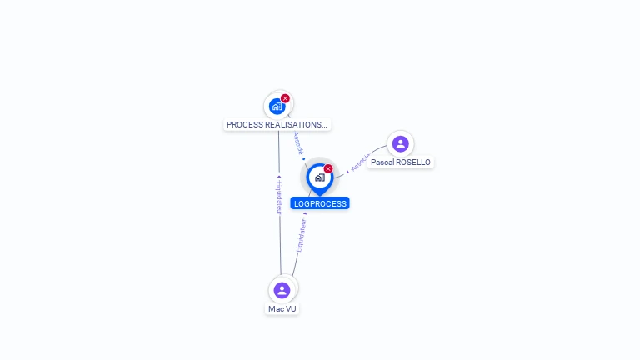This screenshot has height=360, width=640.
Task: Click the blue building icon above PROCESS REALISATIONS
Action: point(277,107)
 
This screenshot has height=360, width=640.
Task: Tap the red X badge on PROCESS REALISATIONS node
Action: point(285,98)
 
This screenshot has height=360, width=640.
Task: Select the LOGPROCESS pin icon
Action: point(319,177)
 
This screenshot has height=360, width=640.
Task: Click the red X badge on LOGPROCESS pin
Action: point(328,168)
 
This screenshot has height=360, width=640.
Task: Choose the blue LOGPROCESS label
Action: point(320,203)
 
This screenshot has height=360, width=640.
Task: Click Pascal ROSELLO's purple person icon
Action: point(400,143)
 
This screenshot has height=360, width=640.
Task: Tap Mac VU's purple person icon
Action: point(282,290)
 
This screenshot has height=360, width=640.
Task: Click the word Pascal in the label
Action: point(382,162)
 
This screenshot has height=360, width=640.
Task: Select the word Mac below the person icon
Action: point(276,308)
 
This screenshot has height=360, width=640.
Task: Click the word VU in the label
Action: point(291,308)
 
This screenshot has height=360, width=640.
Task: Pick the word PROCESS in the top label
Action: point(244,125)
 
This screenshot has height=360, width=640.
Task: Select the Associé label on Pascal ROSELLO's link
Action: point(360,162)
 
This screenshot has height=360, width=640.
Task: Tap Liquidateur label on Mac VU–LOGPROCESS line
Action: point(301,235)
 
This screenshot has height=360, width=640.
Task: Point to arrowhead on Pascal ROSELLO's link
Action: point(347,172)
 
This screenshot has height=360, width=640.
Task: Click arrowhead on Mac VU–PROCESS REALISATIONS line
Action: point(279,177)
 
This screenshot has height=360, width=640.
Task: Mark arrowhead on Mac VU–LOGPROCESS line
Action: point(306,213)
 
